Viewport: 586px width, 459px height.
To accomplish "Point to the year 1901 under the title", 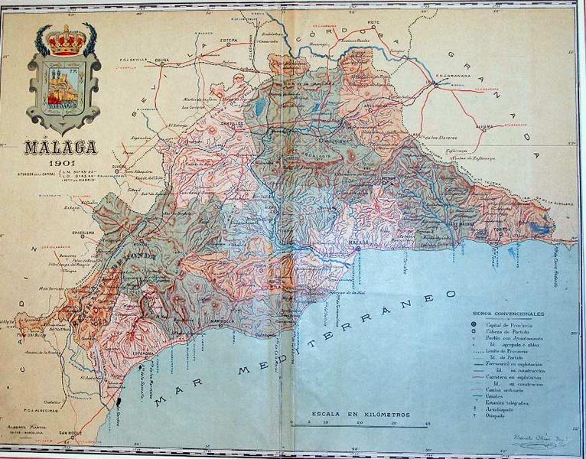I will [59, 164].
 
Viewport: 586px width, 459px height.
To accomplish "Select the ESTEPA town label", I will [229, 37].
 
